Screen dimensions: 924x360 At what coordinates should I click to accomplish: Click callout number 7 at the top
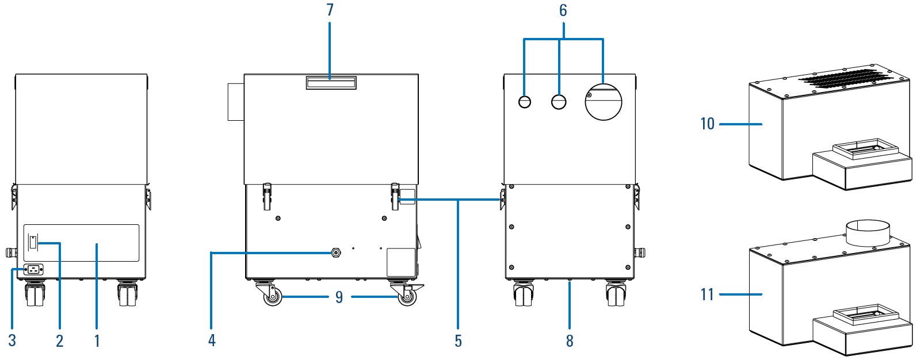330,10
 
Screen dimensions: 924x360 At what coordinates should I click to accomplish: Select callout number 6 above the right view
563,10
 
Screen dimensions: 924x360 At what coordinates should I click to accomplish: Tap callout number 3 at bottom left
12,340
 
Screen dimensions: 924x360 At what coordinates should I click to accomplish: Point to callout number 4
212,340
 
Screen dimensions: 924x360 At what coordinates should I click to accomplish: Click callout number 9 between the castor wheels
339,297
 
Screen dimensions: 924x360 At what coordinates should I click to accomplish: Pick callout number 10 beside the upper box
708,124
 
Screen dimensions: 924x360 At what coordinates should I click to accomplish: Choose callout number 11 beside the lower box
707,294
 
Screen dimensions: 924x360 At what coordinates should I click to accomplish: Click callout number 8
570,341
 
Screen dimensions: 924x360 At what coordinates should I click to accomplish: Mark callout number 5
459,341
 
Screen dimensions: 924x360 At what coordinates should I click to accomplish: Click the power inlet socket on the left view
35,270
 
